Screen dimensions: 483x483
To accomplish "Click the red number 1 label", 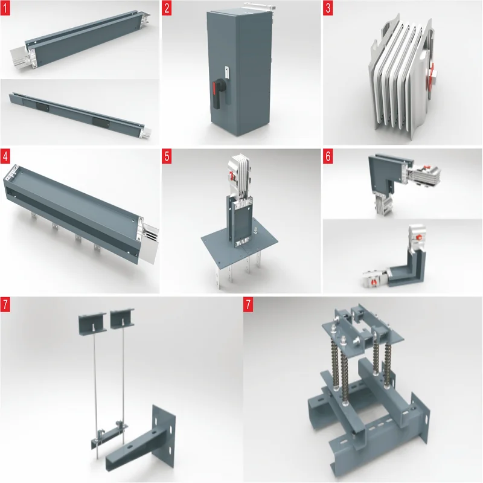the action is pyautogui.click(x=5, y=8).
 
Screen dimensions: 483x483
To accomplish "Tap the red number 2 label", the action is pyautogui.click(x=167, y=8).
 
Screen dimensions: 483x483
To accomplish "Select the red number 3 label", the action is pyautogui.click(x=328, y=8).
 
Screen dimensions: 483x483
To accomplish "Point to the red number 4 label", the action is pyautogui.click(x=5, y=156).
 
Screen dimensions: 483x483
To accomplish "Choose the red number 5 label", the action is pyautogui.click(x=167, y=156).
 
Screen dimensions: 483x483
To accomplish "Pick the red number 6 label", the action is pyautogui.click(x=328, y=156).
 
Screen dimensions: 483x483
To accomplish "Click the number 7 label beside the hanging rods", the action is pyautogui.click(x=5, y=305).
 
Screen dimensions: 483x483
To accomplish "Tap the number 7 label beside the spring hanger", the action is pyautogui.click(x=248, y=305).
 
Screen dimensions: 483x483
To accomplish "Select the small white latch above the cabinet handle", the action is pyautogui.click(x=227, y=72).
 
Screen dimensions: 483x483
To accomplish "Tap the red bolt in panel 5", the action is pyautogui.click(x=232, y=176).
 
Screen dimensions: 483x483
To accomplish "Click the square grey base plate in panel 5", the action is pyautogui.click(x=239, y=240).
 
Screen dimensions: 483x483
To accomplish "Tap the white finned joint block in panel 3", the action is pyautogui.click(x=402, y=74).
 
